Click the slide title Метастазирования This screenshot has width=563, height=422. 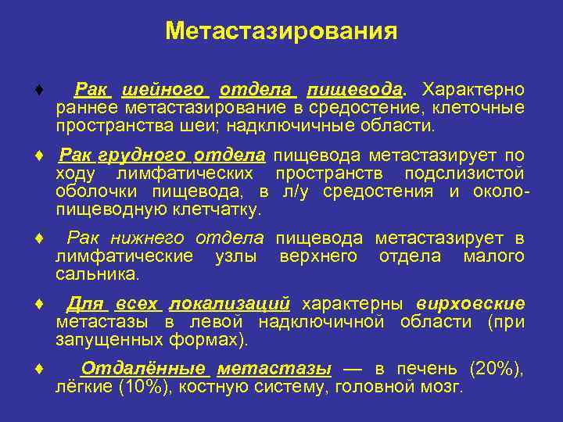pyautogui.click(x=281, y=32)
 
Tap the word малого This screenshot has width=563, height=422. pyautogui.click(x=493, y=256)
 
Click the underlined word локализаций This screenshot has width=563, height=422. pyautogui.click(x=229, y=304)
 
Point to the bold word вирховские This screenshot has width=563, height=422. pyautogui.click(x=471, y=304)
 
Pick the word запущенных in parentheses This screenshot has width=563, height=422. pyautogui.click(x=109, y=340)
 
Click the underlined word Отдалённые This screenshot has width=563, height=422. pyautogui.click(x=143, y=370)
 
